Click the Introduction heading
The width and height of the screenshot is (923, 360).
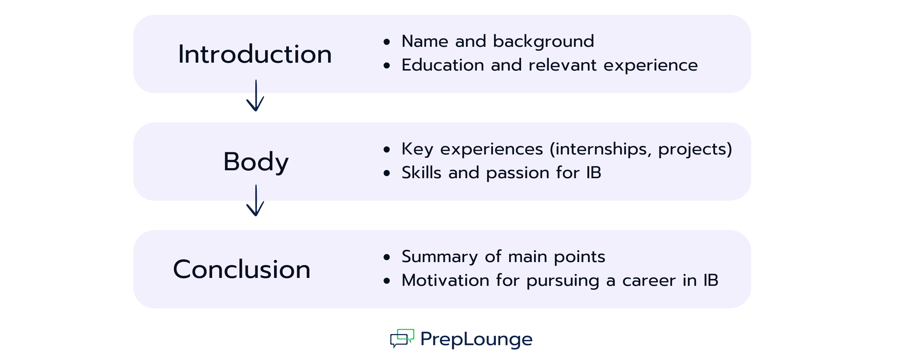coord(255,54)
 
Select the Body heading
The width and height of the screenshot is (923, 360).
coord(256,162)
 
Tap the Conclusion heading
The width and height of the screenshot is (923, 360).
coord(242,269)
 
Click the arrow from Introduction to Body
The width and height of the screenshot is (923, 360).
coord(256,95)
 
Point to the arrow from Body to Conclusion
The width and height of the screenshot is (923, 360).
coord(256,201)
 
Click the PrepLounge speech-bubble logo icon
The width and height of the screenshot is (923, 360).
coord(402,338)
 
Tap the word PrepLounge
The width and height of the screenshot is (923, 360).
coord(476,339)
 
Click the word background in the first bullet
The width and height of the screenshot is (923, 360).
coord(543,41)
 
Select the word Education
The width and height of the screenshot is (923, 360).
coord(443,65)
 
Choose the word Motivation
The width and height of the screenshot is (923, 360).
coord(445,280)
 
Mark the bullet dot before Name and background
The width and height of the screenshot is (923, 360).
coord(387,42)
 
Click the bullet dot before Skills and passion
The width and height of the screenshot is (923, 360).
coord(387,174)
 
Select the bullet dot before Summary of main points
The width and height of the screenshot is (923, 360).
coord(387,257)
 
